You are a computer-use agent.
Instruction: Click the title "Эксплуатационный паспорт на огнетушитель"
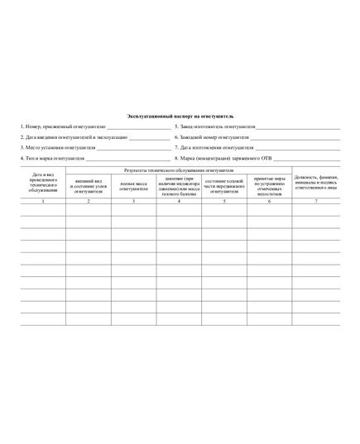180,117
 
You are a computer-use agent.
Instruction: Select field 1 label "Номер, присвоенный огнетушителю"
63,127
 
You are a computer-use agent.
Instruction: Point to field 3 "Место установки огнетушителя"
57,147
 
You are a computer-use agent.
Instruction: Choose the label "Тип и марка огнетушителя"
53,157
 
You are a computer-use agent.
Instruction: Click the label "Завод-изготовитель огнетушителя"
215,127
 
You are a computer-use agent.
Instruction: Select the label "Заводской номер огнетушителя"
213,137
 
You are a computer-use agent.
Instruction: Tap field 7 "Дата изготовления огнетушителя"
214,147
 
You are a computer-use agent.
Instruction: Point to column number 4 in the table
179,202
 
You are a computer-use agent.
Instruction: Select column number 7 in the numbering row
315,202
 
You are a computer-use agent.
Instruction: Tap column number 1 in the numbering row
43,202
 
